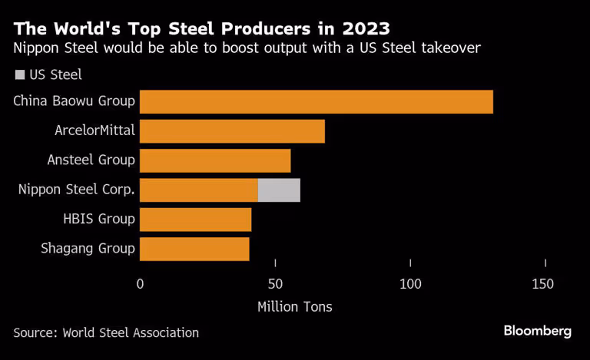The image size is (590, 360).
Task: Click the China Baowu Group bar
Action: click(316, 101)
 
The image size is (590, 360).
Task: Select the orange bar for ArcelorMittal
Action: click(232, 131)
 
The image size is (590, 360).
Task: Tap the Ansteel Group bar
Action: click(215, 160)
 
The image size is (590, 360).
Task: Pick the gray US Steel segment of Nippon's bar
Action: click(279, 190)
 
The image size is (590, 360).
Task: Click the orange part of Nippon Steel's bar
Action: click(199, 190)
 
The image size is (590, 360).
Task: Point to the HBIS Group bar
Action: click(195, 220)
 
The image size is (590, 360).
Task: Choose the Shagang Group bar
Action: click(194, 249)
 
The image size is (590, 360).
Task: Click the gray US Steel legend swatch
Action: click(18, 75)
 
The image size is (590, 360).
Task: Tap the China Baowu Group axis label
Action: click(75, 101)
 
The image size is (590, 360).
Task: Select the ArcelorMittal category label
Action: click(94, 130)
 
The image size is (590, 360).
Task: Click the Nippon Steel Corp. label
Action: click(77, 190)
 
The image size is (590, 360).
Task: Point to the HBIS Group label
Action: click(99, 220)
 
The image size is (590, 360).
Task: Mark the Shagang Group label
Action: click(88, 249)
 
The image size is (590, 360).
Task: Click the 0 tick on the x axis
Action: click(140, 284)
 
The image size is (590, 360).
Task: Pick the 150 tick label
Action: click(542, 284)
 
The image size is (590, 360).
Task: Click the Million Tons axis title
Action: click(295, 307)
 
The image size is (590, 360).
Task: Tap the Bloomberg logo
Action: click(538, 331)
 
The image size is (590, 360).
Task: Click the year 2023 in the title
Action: click(360, 29)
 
